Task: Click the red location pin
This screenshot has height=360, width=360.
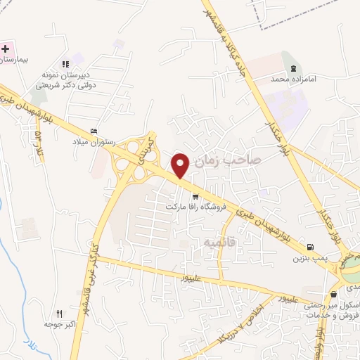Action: pyautogui.click(x=181, y=165)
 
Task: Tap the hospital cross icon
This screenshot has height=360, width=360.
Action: pyautogui.click(x=6, y=49)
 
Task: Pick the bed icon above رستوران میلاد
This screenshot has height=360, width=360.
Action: pyautogui.click(x=95, y=131)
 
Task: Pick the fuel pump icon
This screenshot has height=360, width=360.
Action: pyautogui.click(x=310, y=247)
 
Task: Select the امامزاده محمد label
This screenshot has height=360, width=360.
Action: pyautogui.click(x=291, y=80)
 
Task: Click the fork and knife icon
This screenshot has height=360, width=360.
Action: pyautogui.click(x=59, y=314)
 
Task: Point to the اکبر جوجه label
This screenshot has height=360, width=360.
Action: pyautogui.click(x=59, y=325)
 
